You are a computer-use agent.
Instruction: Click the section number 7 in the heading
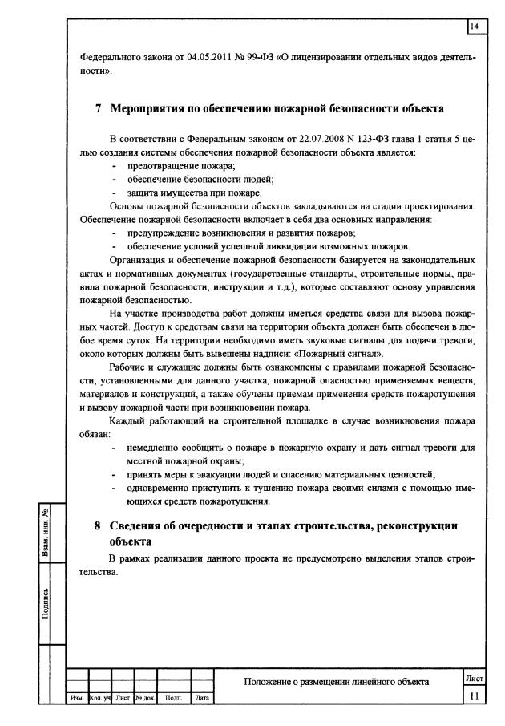(97, 108)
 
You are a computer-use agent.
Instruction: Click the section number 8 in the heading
(97, 525)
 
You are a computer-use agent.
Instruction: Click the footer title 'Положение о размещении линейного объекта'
(337, 682)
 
